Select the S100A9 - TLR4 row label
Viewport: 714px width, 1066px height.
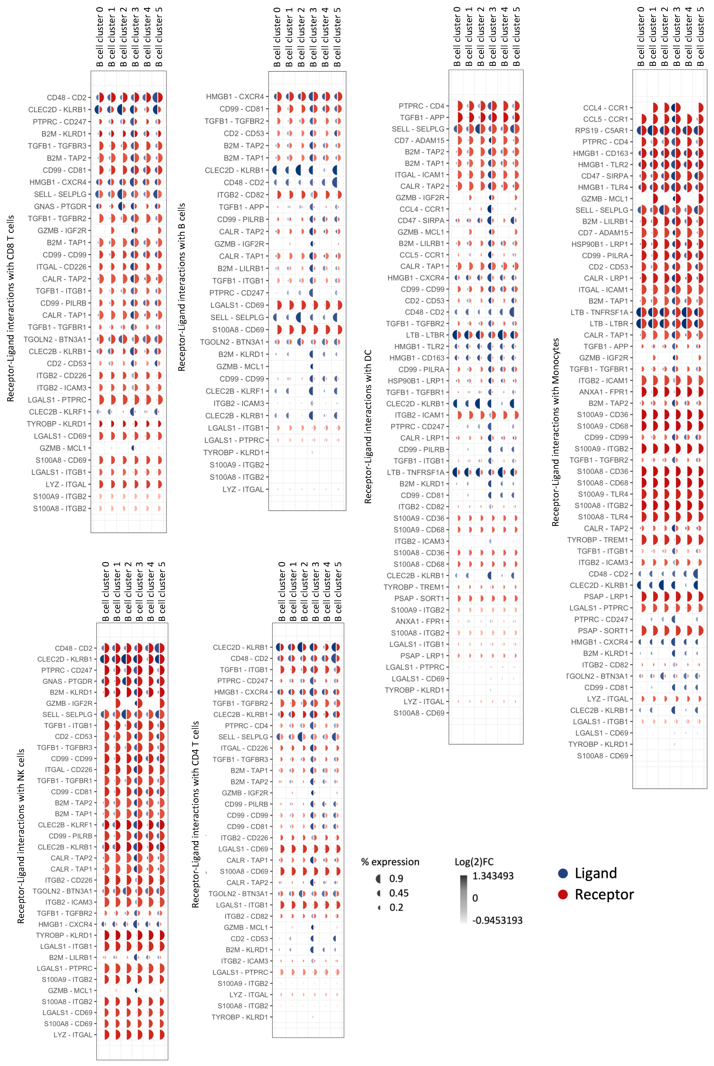tap(603, 494)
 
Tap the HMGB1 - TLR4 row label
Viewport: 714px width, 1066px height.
tap(603, 187)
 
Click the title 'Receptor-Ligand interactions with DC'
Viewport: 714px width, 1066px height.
tap(368, 426)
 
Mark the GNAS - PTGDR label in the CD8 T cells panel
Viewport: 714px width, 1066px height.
tap(60, 206)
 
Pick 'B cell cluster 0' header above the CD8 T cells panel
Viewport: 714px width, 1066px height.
tap(100, 37)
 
